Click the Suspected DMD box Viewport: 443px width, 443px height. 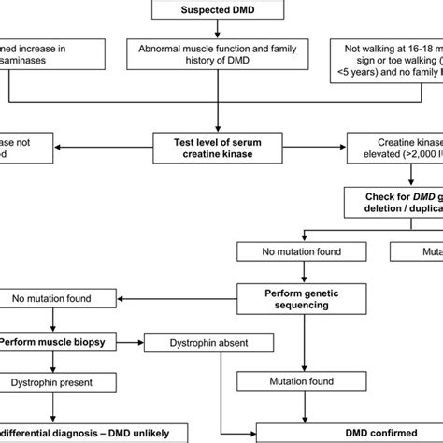(221, 10)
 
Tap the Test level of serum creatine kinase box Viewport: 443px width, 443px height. (221, 146)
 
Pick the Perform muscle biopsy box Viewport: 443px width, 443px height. (59, 342)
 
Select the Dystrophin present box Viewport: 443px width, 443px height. (58, 381)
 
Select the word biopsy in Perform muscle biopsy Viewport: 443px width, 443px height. (90, 342)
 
